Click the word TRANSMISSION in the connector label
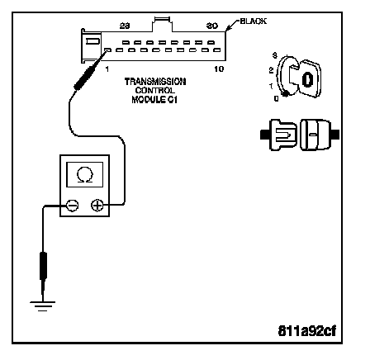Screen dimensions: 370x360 coord(155,82)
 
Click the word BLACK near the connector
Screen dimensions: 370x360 coord(254,21)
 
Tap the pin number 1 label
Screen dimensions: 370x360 coord(107,69)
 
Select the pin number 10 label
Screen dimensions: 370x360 coord(219,69)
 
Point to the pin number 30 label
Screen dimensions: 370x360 coord(212,26)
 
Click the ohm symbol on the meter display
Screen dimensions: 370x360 coord(85,175)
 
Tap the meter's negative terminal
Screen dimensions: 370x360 coord(72,206)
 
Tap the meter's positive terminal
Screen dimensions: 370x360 coord(97,206)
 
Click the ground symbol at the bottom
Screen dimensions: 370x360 coord(43,306)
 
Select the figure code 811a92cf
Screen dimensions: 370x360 coord(307,331)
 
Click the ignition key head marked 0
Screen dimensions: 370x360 coord(308,79)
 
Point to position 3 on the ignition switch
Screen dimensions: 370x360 coord(274,55)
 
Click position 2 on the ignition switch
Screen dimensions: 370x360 coord(271,70)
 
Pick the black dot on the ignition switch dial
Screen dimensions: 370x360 coord(286,94)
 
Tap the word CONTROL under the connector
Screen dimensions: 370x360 coord(154,91)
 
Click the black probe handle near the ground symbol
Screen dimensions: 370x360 coord(43,266)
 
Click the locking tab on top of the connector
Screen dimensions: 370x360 coord(162,24)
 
